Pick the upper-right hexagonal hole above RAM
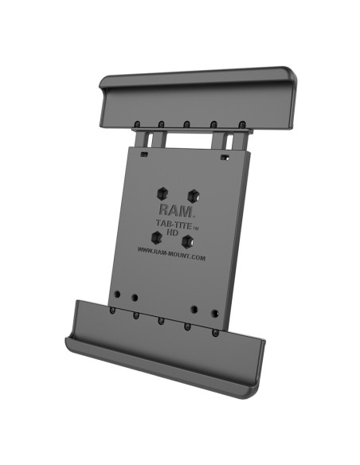192,194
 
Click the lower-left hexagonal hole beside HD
156,236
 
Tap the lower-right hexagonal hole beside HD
188,240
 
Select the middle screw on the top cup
186,124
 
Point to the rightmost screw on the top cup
241,124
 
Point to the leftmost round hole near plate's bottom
118,293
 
